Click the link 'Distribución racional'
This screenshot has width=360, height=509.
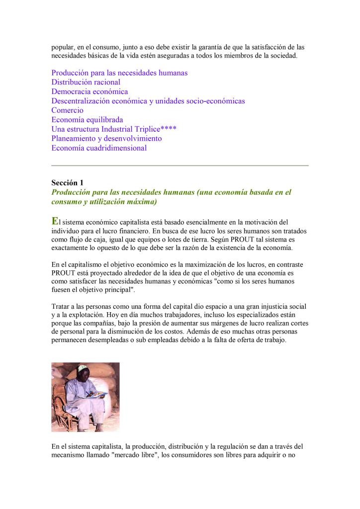86,82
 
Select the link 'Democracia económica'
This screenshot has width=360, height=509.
90,91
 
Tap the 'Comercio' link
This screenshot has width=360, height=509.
67,110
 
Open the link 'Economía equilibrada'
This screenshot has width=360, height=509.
87,120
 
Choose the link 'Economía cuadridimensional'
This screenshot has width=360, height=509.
99,148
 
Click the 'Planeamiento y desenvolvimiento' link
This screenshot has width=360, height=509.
106,138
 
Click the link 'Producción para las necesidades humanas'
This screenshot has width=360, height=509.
119,73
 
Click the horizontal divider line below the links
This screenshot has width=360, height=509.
180,165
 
